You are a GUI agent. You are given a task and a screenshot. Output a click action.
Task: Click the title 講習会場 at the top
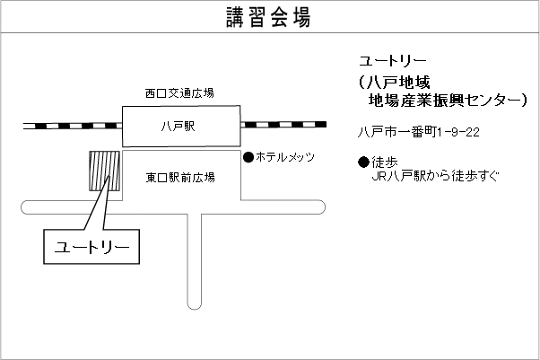pos(269,17)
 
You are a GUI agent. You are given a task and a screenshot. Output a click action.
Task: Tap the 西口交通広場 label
pos(179,92)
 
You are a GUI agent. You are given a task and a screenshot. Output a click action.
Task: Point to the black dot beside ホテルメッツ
pos(248,157)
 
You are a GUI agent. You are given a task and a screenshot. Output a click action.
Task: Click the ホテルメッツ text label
pos(285,157)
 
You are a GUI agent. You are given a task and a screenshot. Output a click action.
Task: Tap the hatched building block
pos(104,171)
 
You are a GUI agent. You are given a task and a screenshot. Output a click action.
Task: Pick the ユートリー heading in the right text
pos(387,61)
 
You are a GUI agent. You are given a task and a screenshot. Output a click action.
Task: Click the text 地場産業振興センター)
pos(440,102)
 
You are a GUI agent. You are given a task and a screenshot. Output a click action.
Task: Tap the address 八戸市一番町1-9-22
pos(418,132)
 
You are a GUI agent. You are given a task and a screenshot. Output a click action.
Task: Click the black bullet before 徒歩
pos(363,162)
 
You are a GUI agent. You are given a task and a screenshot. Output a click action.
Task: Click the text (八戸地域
pos(395,82)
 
